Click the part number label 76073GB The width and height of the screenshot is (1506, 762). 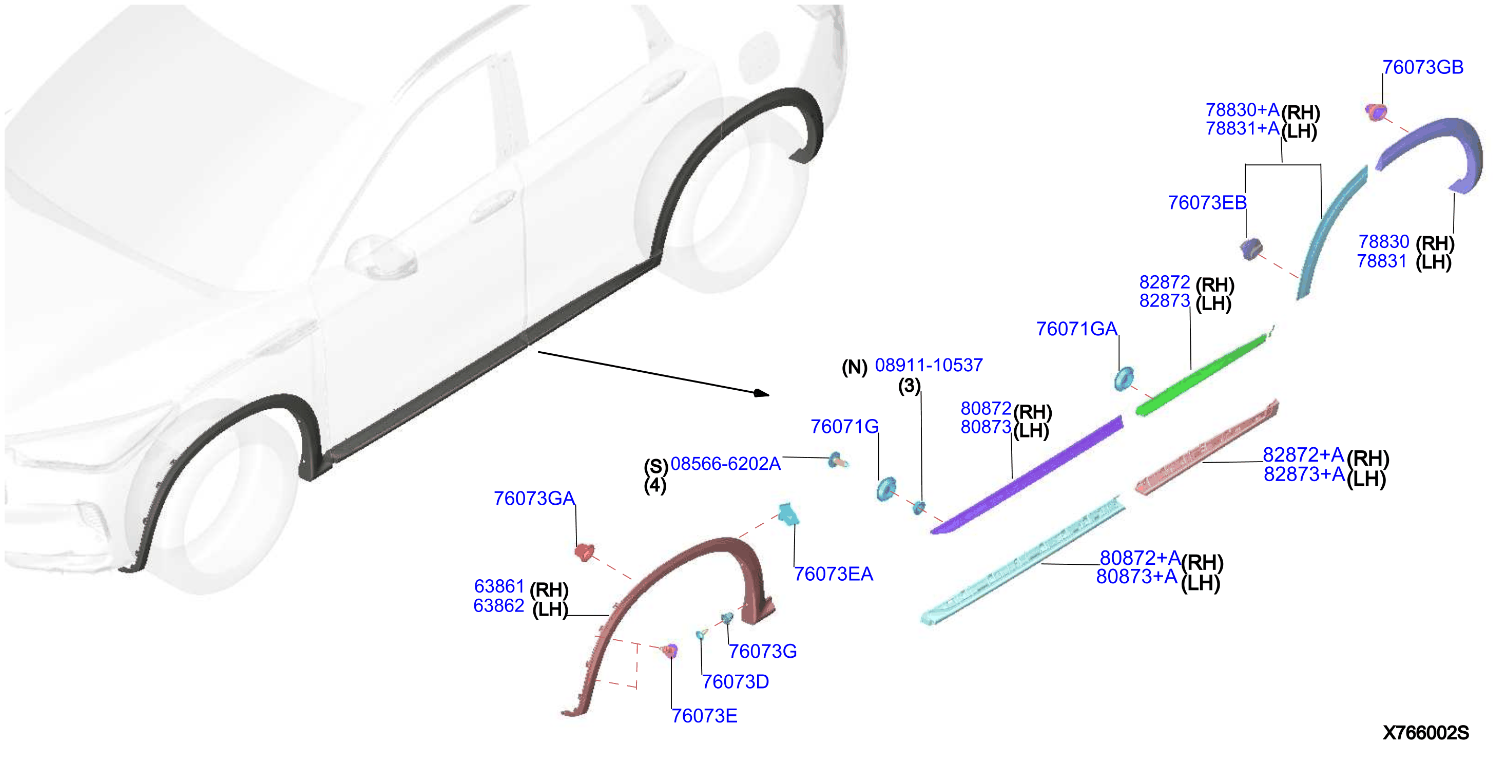1422,67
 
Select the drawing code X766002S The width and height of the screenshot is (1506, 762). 1425,733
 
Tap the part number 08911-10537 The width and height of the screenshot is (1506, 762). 929,366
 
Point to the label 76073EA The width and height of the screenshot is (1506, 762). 833,574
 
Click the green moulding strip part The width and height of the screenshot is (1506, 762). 1202,374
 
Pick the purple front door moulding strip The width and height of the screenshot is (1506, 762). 1027,475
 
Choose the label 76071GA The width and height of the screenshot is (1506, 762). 1076,329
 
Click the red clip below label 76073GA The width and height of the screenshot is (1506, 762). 584,552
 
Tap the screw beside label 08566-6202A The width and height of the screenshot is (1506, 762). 837,461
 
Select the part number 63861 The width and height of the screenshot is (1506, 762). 499,586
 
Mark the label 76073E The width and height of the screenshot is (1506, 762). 704,716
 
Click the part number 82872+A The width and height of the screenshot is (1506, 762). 1303,454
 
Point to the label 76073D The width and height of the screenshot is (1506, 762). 735,682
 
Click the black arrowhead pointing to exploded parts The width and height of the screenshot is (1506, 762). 762,393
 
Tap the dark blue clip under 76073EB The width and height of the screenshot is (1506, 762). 1251,249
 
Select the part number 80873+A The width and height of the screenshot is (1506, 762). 1136,577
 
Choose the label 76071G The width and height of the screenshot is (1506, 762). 844,427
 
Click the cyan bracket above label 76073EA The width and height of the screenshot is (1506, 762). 787,513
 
